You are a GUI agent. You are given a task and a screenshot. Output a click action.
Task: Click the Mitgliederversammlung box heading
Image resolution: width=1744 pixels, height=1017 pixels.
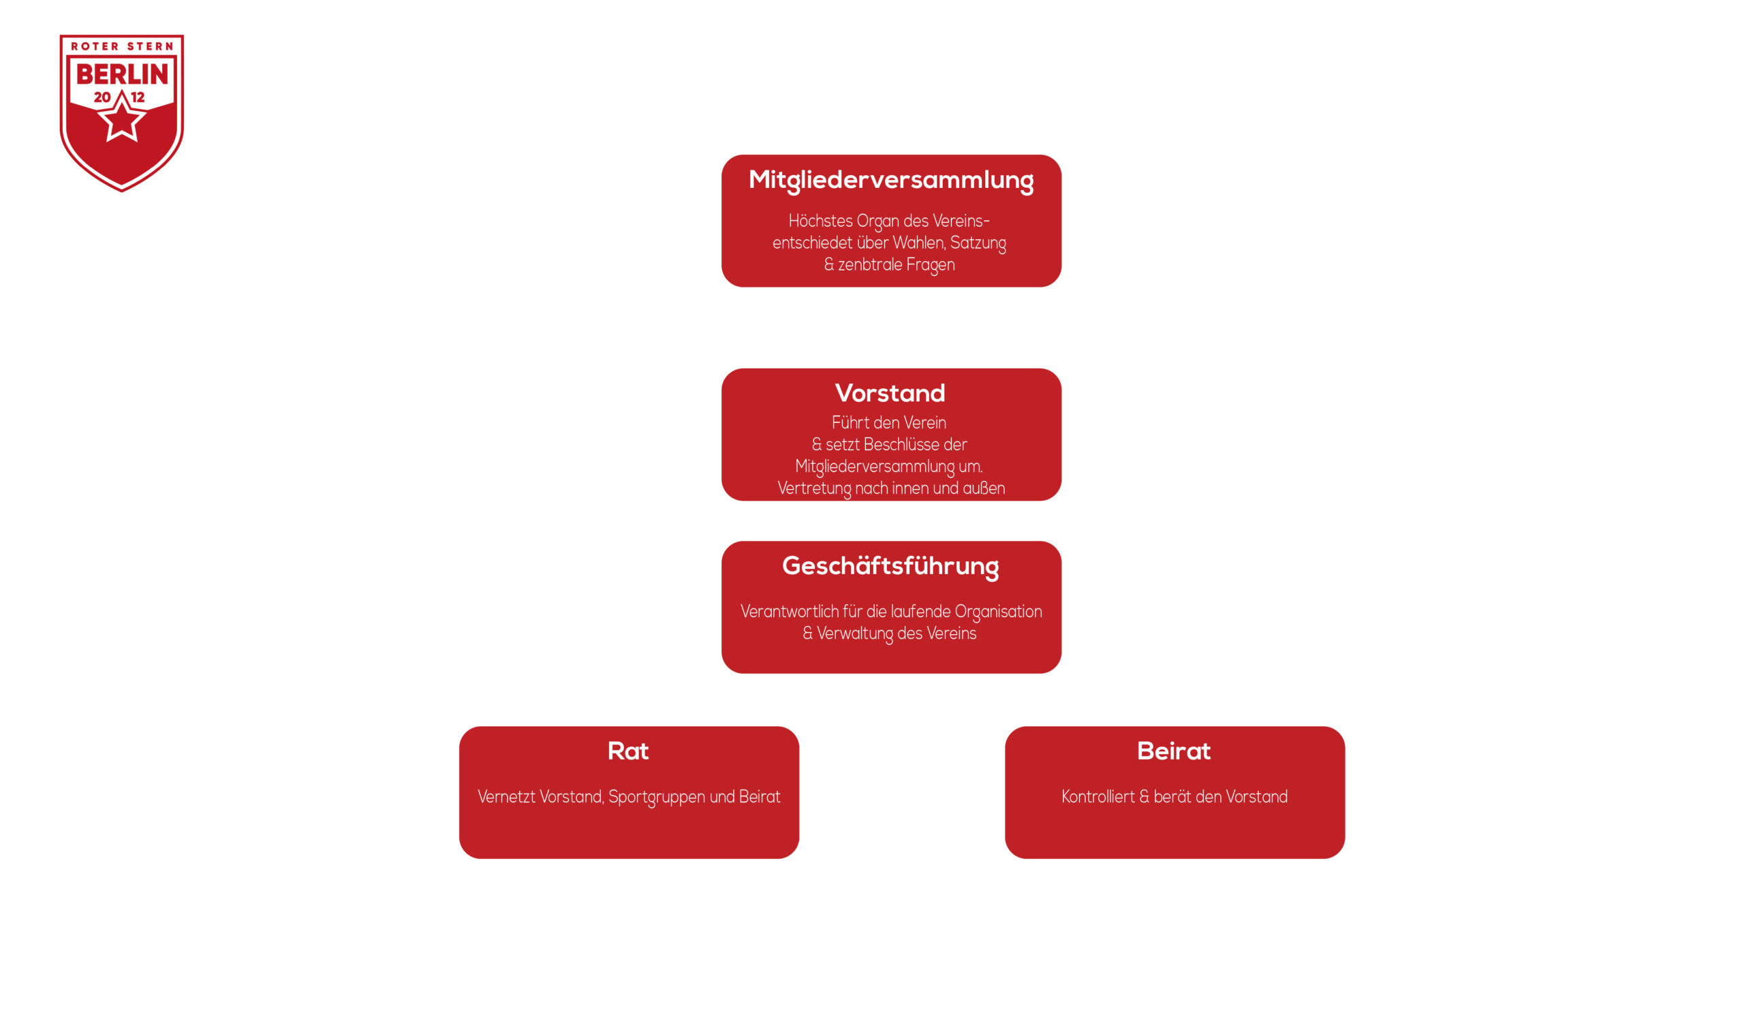point(890,180)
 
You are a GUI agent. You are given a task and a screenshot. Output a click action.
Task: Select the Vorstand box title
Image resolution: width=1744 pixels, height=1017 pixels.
point(890,393)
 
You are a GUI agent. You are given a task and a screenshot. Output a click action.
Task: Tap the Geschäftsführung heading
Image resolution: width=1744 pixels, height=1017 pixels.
point(890,566)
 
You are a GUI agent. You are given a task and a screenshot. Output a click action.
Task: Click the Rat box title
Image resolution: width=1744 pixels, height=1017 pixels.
point(627,751)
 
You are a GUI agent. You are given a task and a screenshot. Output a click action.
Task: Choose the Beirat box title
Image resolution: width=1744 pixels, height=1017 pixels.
point(1174,751)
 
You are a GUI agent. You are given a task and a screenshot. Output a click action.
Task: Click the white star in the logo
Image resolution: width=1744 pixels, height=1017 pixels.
point(122,119)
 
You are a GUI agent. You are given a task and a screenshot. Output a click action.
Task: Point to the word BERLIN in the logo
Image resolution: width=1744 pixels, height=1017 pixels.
point(122,74)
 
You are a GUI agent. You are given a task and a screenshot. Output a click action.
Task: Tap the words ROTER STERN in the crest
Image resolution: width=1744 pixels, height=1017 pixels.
point(122,46)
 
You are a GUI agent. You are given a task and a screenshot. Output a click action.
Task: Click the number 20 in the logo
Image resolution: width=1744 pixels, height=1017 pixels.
point(102,97)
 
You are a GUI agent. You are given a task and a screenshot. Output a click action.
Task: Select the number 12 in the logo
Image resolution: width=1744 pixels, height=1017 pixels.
point(138,97)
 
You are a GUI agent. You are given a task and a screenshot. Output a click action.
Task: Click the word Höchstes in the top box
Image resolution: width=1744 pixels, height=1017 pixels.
point(820,221)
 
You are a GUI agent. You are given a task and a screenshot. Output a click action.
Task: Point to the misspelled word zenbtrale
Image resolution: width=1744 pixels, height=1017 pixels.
point(870,265)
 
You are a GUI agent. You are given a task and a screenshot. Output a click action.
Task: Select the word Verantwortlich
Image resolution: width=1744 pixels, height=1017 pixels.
point(789,612)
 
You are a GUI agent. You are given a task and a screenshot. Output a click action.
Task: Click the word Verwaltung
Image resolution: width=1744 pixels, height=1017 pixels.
point(854,633)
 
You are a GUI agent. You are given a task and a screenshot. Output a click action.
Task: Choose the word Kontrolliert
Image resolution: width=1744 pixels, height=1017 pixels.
point(1097,797)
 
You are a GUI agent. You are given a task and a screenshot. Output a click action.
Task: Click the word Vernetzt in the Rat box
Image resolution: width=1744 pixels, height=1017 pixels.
point(506,797)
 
